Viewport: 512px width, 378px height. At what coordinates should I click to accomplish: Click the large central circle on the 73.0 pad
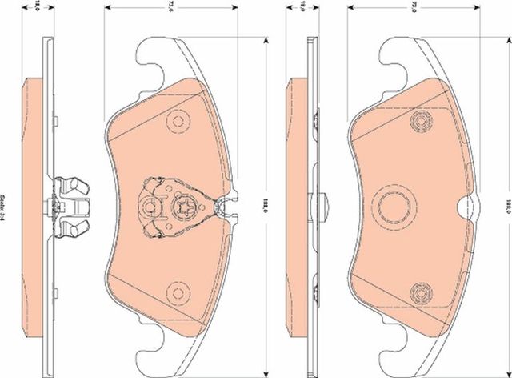coord(393,207)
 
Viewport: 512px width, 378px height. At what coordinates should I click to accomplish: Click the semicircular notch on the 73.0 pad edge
coord(464,207)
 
